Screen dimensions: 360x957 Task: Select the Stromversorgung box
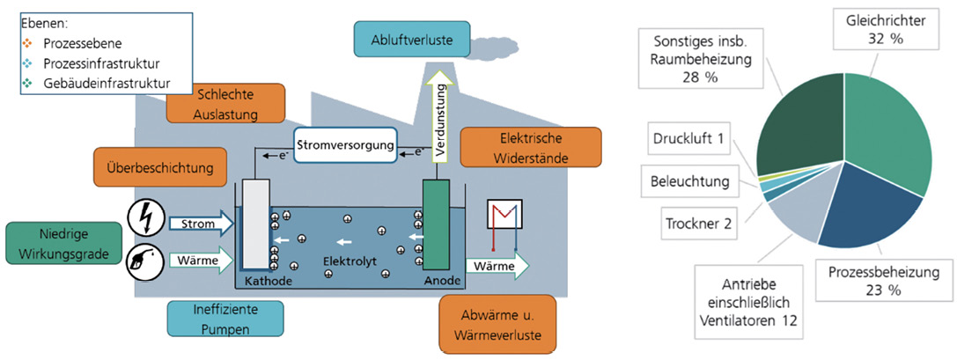coord(344,143)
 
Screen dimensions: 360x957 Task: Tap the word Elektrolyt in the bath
coord(342,261)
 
